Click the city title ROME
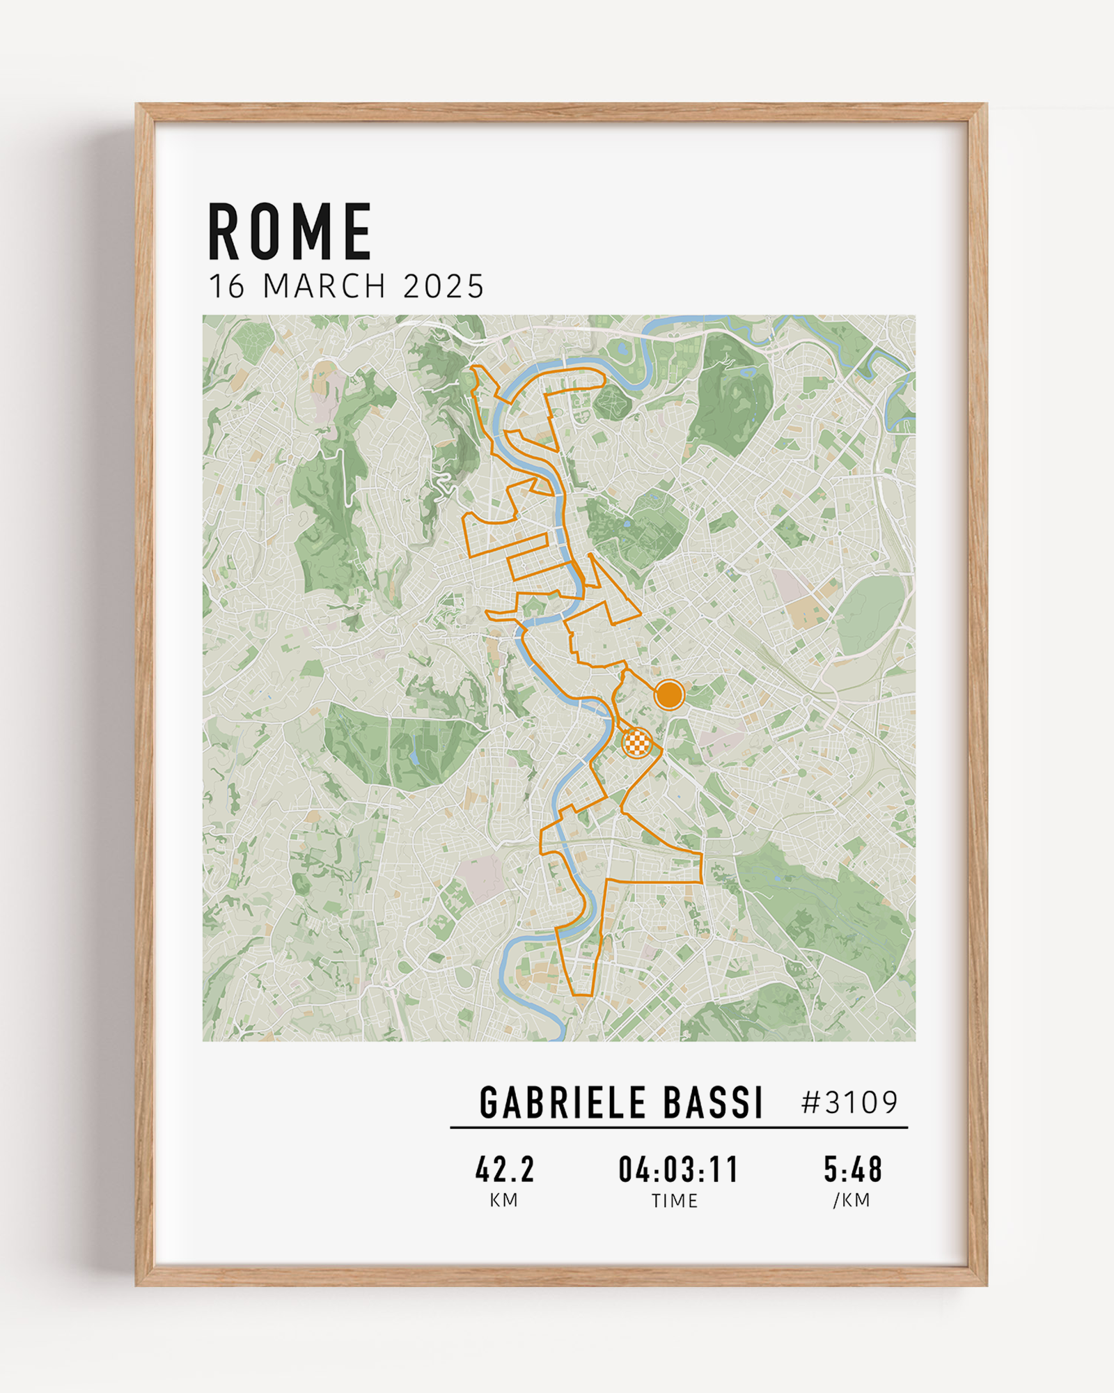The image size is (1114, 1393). pyautogui.click(x=290, y=232)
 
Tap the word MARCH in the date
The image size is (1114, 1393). pyautogui.click(x=324, y=286)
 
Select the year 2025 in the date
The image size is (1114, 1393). pyautogui.click(x=443, y=286)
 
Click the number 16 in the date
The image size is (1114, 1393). pyautogui.click(x=227, y=286)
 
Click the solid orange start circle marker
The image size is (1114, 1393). pyautogui.click(x=669, y=694)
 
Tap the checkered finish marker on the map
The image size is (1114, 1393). pyautogui.click(x=636, y=742)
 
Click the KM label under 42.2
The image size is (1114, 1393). pyautogui.click(x=503, y=1200)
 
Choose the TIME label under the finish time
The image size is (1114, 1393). pyautogui.click(x=675, y=1201)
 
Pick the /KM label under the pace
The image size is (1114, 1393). pyautogui.click(x=852, y=1200)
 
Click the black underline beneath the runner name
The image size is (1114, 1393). pyautogui.click(x=679, y=1127)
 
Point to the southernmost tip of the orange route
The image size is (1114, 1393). pyautogui.click(x=582, y=995)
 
